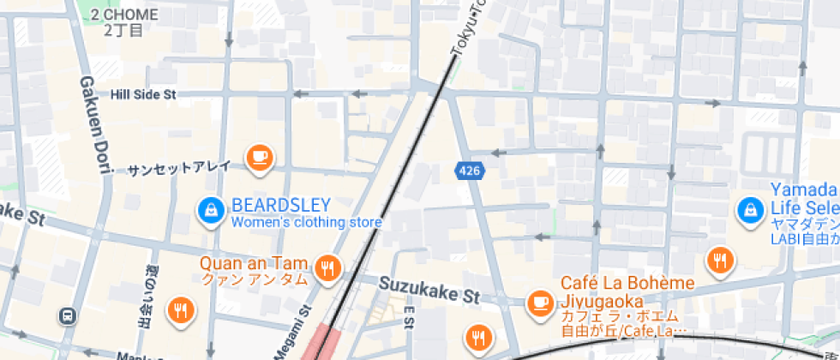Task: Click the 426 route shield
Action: tap(468, 171)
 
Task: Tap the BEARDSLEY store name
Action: tap(281, 206)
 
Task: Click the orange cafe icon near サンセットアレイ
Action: tap(258, 157)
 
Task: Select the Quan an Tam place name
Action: tap(254, 263)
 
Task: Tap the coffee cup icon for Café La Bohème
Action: tap(539, 302)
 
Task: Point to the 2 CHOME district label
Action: tap(124, 15)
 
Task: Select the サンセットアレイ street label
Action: tap(179, 168)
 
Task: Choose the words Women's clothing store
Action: tap(306, 223)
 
